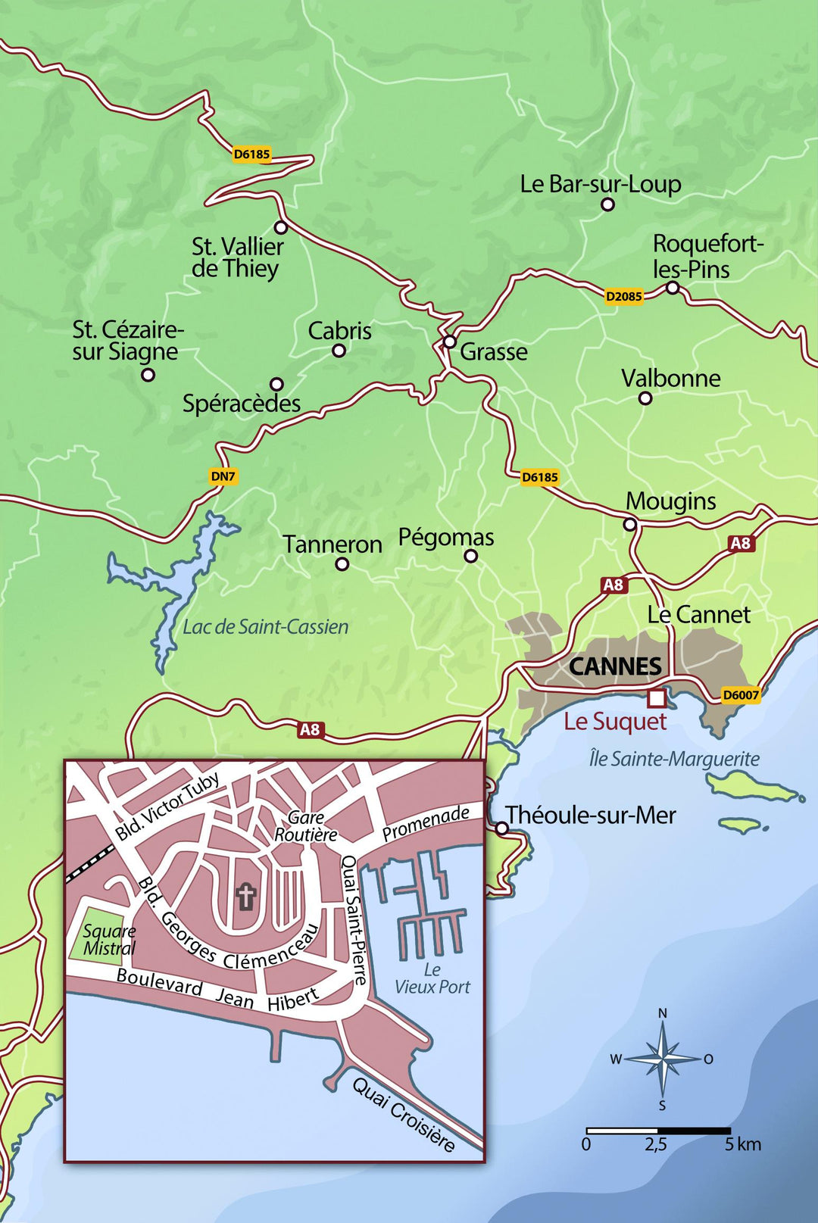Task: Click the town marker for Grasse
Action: coord(449,342)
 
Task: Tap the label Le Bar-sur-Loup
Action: coord(600,184)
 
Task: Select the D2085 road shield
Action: coord(623,296)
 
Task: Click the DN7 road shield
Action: coord(223,476)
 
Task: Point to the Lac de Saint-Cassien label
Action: coord(266,627)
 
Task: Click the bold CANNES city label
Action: coord(614,666)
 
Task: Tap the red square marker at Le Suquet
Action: coord(656,697)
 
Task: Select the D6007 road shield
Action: coord(740,695)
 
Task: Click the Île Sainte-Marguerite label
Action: coord(674,759)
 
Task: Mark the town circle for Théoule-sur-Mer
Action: coord(501,828)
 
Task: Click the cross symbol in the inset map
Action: coord(245,897)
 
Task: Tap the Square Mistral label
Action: coord(109,940)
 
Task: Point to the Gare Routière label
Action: coord(305,826)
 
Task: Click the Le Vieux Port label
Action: coord(432,978)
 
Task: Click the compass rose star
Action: coord(663,1059)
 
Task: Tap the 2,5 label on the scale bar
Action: coord(656,1144)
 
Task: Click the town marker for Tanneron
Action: coord(342,563)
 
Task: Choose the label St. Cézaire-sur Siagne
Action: coord(127,340)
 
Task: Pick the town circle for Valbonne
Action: coord(645,398)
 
